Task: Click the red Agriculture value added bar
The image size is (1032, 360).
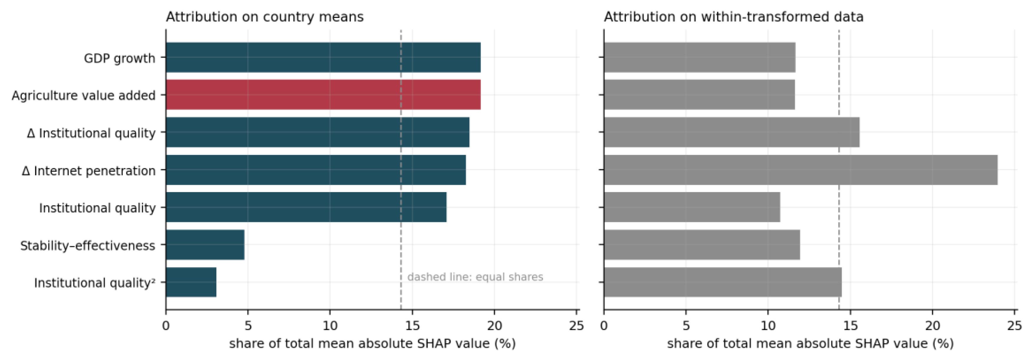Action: [x=323, y=95]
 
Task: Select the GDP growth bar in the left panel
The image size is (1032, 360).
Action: [x=323, y=57]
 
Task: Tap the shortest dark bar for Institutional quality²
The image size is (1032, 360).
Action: [x=191, y=282]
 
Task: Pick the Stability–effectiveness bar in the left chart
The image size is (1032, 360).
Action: [x=205, y=245]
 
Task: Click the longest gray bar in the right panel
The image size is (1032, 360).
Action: [x=801, y=170]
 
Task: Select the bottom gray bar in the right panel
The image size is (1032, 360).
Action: [x=723, y=282]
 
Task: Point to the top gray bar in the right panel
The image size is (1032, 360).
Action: [x=700, y=57]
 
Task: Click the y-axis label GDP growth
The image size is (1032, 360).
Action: [x=119, y=58]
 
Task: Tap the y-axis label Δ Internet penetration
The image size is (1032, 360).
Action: [x=88, y=171]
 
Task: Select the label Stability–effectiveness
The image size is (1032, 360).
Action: [x=88, y=245]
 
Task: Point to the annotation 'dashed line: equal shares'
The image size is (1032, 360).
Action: [x=475, y=277]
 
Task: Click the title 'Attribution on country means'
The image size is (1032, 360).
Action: [x=265, y=17]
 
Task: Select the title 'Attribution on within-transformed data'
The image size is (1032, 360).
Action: [x=733, y=17]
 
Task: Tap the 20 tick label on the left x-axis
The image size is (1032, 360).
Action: [x=494, y=326]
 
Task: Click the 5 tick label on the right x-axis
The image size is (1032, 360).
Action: [x=686, y=326]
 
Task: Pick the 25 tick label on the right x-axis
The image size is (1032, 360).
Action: [x=1014, y=326]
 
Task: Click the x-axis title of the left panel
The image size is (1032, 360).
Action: [x=372, y=344]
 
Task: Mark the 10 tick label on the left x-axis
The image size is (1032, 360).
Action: [x=330, y=326]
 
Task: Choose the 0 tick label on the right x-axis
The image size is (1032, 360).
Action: [x=604, y=326]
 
